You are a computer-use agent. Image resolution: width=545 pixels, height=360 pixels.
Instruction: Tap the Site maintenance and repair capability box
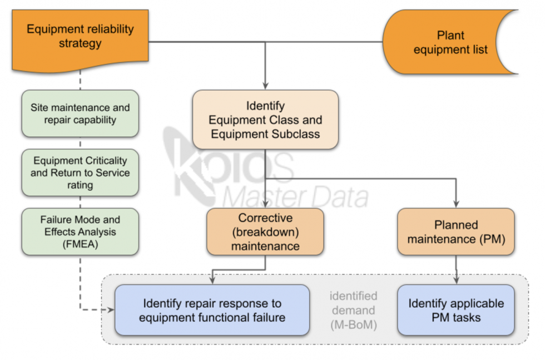click(x=80, y=114)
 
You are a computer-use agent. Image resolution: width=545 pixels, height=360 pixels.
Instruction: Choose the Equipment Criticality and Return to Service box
click(x=80, y=172)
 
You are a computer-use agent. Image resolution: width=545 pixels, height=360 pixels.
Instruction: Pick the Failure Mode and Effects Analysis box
click(x=80, y=231)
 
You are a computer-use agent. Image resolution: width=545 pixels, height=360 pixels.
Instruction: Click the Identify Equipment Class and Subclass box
click(x=265, y=120)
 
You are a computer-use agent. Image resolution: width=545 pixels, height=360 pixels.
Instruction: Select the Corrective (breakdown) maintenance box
click(x=265, y=232)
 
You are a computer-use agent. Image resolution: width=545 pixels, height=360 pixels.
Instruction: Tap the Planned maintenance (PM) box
click(x=456, y=232)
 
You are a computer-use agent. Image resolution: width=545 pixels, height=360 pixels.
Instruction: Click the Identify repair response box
click(x=212, y=310)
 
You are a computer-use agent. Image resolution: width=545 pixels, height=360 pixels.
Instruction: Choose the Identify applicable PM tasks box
click(x=456, y=310)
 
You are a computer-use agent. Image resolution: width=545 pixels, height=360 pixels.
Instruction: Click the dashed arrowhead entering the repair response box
click(x=110, y=310)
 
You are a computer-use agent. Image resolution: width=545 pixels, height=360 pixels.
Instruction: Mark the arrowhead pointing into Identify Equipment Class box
click(x=265, y=86)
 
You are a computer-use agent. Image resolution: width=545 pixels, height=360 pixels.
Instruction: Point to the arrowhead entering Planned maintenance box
click(x=456, y=204)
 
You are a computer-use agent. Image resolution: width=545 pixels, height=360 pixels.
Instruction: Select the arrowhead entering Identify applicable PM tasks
click(x=456, y=281)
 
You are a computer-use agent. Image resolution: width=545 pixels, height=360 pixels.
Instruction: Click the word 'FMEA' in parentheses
click(x=80, y=243)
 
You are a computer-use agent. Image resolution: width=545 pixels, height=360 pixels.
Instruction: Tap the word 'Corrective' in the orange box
click(x=265, y=218)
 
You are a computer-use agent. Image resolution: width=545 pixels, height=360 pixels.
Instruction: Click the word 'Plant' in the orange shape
click(x=450, y=36)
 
